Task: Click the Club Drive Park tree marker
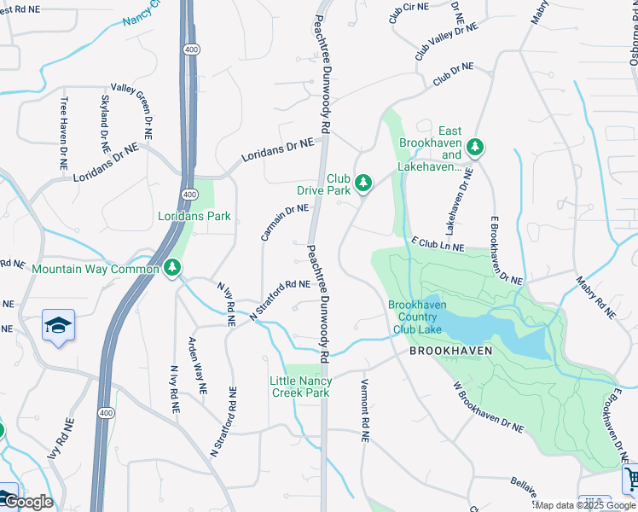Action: [363, 182]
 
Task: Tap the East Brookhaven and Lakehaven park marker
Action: [474, 148]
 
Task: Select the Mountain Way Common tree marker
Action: [172, 269]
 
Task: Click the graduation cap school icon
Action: [58, 326]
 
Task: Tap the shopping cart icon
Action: [631, 479]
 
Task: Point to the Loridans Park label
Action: [194, 216]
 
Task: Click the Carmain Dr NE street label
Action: [285, 221]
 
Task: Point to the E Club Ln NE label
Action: [438, 247]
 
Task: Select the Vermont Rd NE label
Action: [364, 410]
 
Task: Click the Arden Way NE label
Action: [196, 365]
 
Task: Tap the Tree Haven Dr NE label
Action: [63, 132]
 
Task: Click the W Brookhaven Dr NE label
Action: [488, 408]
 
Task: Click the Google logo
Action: [27, 502]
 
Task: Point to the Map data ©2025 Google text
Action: [585, 505]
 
